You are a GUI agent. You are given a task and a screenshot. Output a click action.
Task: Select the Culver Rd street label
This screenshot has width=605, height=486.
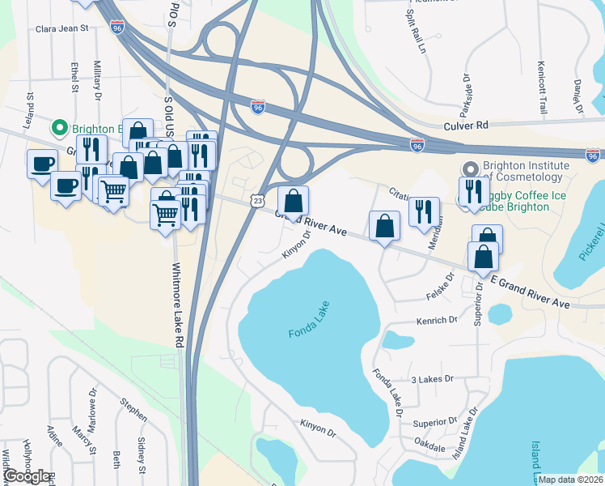click(466, 126)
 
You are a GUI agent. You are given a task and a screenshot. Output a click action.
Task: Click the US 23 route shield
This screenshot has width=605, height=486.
click(256, 200)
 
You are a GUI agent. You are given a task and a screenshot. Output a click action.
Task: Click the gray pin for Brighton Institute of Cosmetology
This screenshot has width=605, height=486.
click(470, 168)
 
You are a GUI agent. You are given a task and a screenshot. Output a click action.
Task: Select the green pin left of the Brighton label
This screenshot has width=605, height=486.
click(58, 128)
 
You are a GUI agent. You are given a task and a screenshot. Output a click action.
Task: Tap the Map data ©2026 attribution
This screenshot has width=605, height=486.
click(570, 480)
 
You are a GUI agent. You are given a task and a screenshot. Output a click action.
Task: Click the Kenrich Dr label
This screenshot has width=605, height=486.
click(437, 321)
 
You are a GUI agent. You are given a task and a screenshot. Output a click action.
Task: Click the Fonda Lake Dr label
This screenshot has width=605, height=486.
click(387, 394)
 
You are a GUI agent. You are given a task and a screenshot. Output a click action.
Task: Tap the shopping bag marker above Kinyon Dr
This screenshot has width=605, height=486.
click(293, 201)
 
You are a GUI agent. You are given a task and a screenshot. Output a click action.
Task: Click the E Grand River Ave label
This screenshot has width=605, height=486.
click(530, 290)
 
